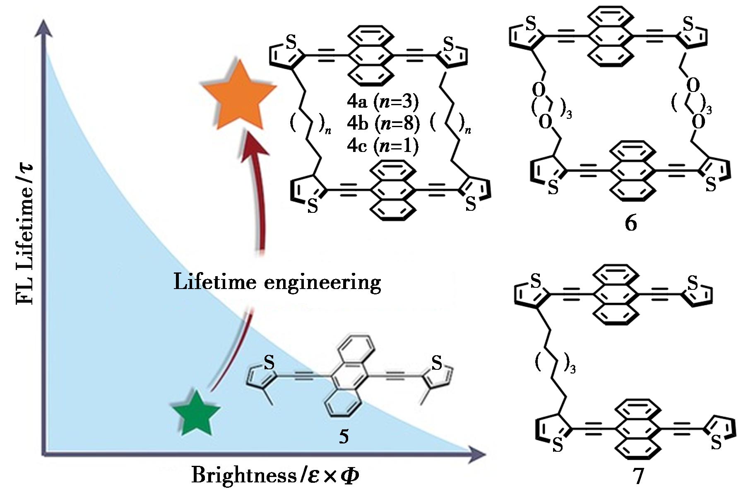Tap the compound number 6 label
[x=630, y=223]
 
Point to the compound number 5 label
[x=344, y=436]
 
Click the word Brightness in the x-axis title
[x=243, y=475]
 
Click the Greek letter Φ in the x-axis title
[x=349, y=476]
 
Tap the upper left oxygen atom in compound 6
[x=539, y=89]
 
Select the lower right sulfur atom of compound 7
[x=716, y=443]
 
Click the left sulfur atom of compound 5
[x=269, y=363]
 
